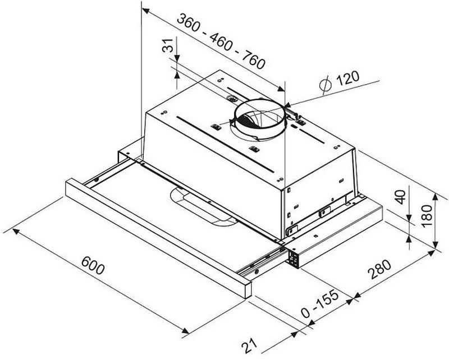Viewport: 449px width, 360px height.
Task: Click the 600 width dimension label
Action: (93, 265)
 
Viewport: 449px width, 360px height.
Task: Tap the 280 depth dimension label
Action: (379, 269)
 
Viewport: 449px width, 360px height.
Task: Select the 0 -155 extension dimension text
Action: (320, 304)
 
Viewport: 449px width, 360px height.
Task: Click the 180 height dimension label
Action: (427, 216)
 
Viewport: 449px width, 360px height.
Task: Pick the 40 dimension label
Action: (400, 197)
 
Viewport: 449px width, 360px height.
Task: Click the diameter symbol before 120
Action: (326, 85)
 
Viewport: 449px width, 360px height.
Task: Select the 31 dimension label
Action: (168, 45)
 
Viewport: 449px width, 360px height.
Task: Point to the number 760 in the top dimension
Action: (253, 60)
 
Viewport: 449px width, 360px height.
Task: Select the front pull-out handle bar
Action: (158, 238)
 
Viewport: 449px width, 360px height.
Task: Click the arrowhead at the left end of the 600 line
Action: (16, 231)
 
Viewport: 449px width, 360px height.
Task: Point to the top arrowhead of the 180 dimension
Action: (436, 197)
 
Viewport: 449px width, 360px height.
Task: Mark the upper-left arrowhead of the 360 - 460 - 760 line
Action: (146, 11)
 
